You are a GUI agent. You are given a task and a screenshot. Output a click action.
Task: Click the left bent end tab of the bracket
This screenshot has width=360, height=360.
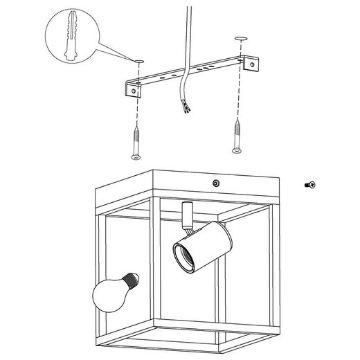coord(132,88)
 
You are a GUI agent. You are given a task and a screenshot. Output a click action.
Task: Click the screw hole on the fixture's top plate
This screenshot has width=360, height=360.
coord(217,183)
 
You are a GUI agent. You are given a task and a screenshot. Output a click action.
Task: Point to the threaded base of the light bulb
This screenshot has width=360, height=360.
coord(132,280)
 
